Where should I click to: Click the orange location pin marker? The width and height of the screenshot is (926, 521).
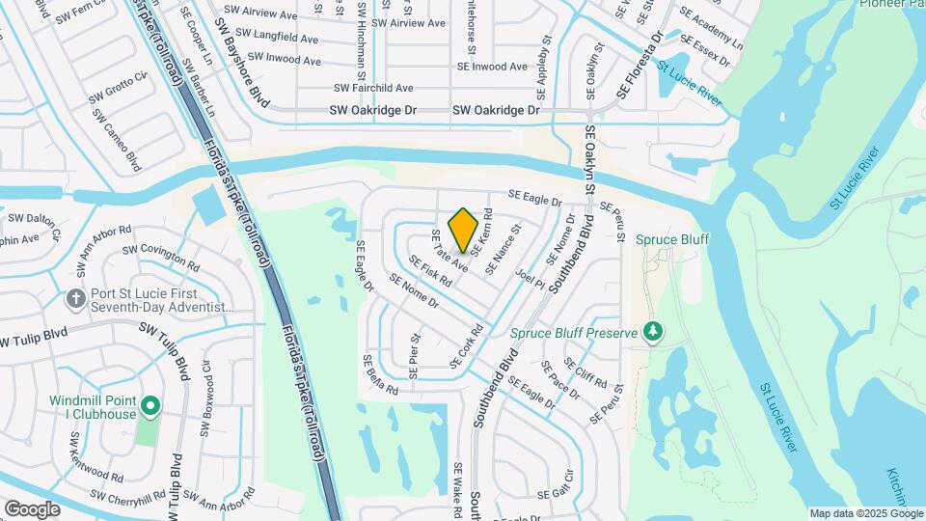[x=464, y=230]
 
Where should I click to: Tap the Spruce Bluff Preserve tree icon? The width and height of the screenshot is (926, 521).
[x=653, y=332]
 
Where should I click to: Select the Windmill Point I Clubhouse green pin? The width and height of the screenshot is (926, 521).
[x=150, y=405]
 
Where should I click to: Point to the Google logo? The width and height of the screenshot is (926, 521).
[x=32, y=508]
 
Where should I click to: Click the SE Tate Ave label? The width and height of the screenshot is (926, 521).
[x=449, y=251]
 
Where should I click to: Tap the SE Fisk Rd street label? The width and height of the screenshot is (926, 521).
[x=430, y=271]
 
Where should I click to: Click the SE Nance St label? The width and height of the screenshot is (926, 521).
[x=505, y=243]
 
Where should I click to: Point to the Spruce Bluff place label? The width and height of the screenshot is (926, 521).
[x=661, y=237]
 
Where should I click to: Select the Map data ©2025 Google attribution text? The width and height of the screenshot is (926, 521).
[x=864, y=513]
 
